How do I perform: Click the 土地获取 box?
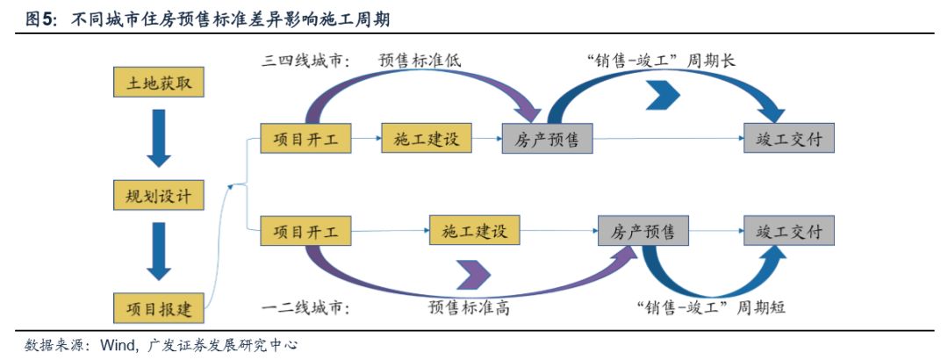point(159,83)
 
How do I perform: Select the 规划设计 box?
point(159,195)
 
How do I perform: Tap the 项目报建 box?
point(159,308)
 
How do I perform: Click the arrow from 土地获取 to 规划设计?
point(159,138)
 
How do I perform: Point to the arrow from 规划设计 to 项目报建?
point(159,251)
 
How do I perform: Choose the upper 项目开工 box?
point(305,139)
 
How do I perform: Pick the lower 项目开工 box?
point(305,231)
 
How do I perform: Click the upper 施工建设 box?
point(427,139)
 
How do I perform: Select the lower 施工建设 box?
point(475,231)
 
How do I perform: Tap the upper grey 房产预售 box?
point(547,139)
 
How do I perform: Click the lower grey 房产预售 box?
point(643,231)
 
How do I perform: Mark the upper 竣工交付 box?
point(789,139)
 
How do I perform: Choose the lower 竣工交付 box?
point(789,231)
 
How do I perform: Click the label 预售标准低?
point(420,61)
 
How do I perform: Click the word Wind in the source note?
point(114,345)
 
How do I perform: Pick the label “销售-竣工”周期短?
point(712,307)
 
